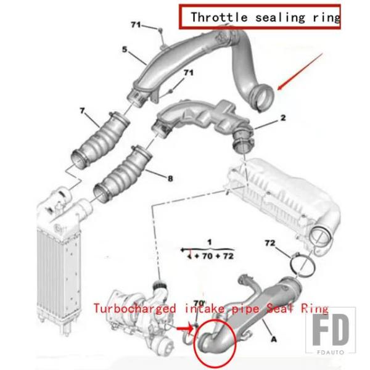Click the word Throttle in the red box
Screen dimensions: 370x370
point(219,17)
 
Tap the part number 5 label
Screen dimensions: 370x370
point(125,49)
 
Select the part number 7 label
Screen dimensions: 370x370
point(82,110)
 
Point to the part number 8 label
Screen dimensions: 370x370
point(170,178)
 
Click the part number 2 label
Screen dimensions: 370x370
point(283,118)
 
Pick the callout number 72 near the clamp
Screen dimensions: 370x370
point(270,242)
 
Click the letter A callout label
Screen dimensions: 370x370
point(274,339)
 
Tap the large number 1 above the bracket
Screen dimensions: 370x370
point(209,242)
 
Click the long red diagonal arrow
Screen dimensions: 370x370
point(300,72)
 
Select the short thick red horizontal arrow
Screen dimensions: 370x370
point(185,328)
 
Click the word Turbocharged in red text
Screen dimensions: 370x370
point(134,309)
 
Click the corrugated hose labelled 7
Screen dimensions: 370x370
point(101,141)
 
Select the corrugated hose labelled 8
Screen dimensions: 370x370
point(122,174)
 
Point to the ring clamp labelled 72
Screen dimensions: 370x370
point(303,265)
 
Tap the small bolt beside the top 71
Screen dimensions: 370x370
point(160,30)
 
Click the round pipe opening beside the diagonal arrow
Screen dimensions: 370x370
point(263,98)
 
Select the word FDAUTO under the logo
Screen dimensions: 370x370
point(331,352)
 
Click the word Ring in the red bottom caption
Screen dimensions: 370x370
point(314,309)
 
